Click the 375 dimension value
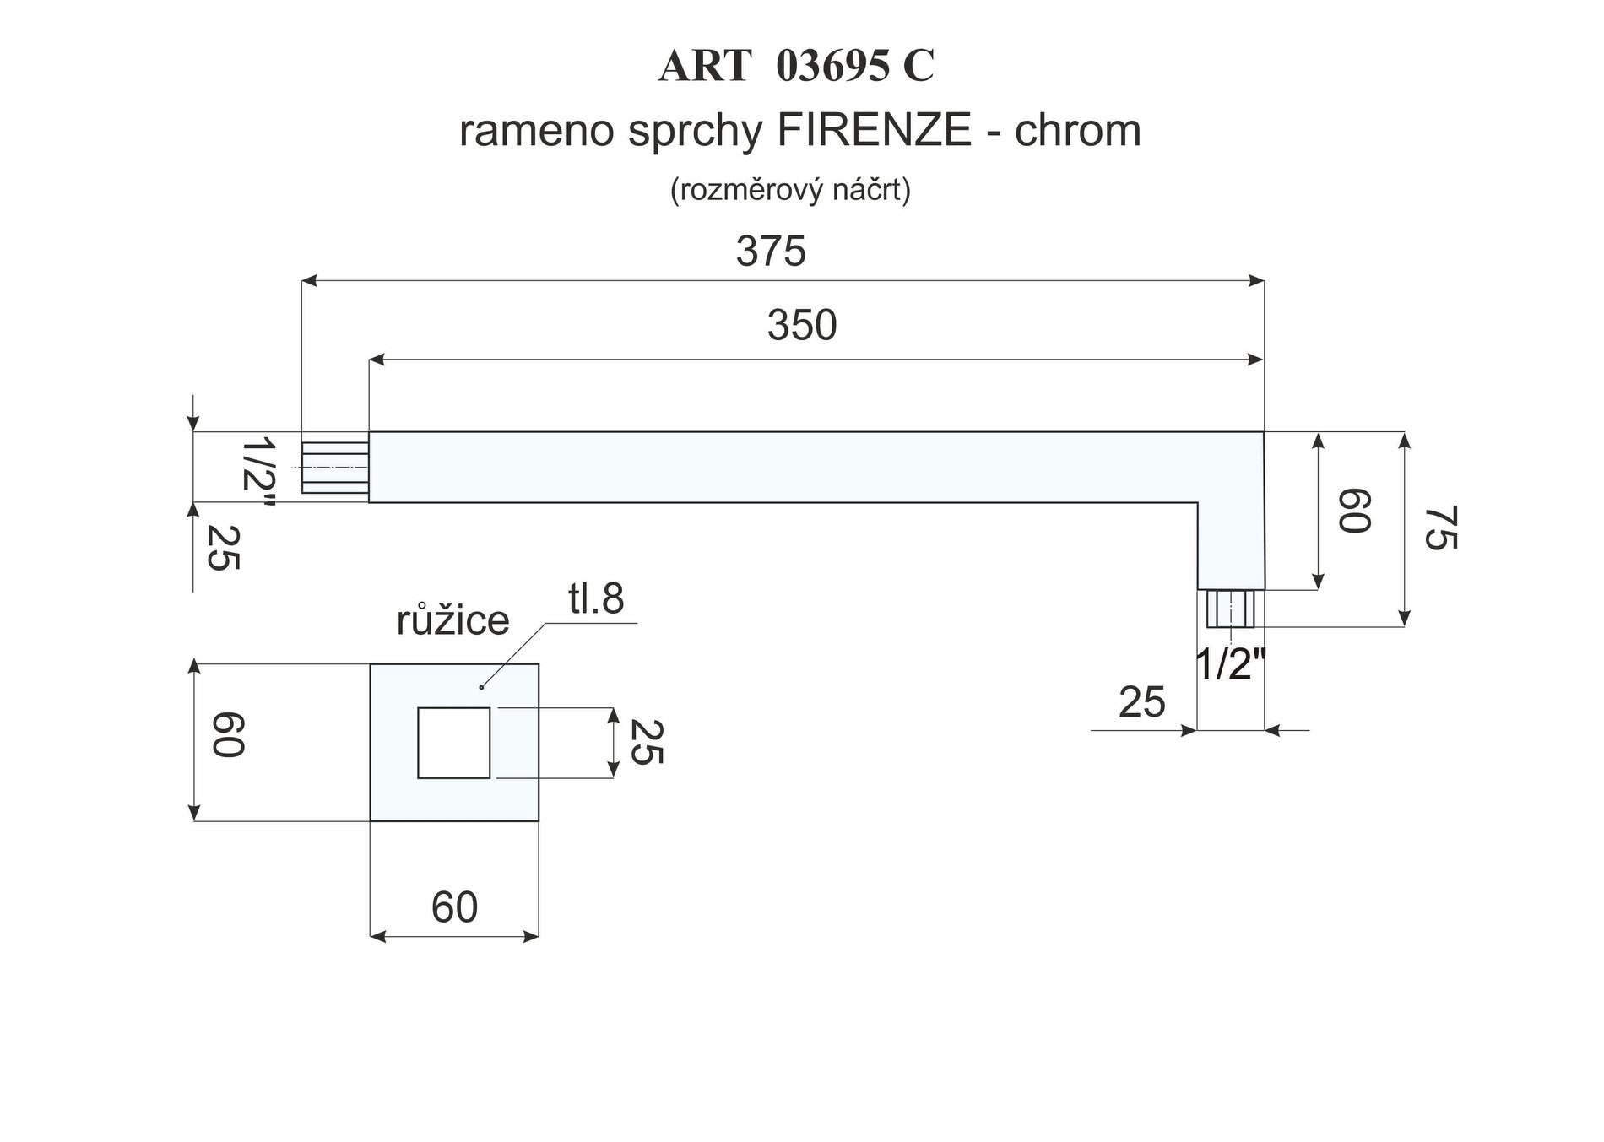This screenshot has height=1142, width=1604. click(771, 252)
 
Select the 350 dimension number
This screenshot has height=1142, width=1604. click(802, 325)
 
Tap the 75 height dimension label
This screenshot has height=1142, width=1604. click(1440, 528)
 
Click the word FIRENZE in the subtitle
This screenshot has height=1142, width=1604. click(874, 130)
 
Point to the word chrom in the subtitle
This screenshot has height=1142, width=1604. click(1078, 130)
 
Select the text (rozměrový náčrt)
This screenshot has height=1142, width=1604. click(790, 190)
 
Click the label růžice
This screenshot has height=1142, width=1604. click(452, 620)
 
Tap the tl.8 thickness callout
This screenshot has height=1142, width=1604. click(596, 598)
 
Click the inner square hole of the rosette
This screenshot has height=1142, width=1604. click(453, 743)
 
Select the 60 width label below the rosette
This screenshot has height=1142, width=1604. click(454, 907)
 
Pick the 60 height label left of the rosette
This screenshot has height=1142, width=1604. click(227, 734)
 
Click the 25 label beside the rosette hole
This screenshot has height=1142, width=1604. click(647, 742)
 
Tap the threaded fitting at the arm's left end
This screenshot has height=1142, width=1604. click(335, 467)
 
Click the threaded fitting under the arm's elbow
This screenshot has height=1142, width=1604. click(1231, 609)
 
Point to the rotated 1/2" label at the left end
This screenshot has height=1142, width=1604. click(257, 474)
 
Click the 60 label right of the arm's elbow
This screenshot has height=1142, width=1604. click(1353, 510)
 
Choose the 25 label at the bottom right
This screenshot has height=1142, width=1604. click(1141, 702)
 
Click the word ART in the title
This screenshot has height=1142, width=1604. click(705, 66)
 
